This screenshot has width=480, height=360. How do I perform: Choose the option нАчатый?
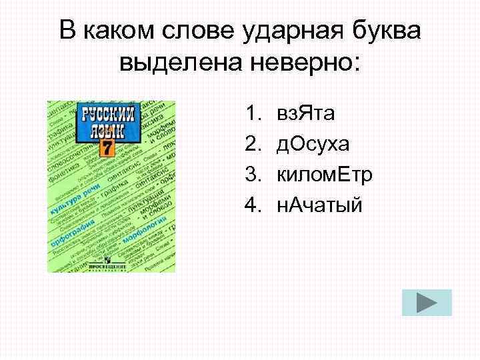(x=319, y=205)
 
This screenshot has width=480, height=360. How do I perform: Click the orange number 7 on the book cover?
(x=105, y=147)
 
